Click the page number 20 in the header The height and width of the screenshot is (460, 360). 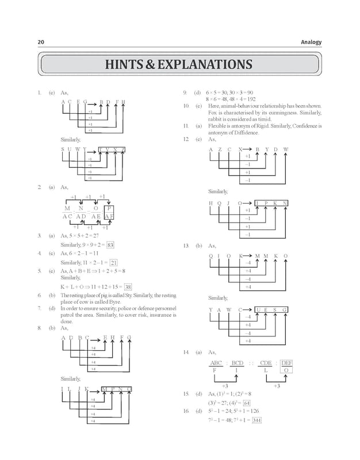click(41, 42)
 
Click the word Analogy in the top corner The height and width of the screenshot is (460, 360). click(311, 42)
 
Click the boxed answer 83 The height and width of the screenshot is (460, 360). click(110, 244)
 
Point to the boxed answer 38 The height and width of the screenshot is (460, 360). click(128, 287)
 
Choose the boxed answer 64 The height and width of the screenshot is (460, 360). click(247, 403)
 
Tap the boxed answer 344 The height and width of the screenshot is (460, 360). click(256, 420)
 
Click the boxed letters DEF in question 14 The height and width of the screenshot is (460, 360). click(287, 363)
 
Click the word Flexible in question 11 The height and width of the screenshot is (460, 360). click(217, 125)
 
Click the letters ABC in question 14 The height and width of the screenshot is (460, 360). click(216, 363)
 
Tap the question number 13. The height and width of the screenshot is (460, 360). click(185, 246)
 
